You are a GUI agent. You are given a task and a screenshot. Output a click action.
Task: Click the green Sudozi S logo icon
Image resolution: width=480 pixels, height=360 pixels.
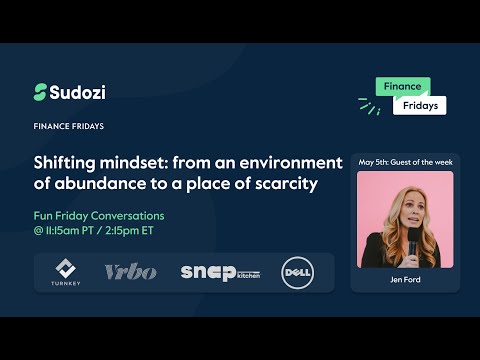point(41,92)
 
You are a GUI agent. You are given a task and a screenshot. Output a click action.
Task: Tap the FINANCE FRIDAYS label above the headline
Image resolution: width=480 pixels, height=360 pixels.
point(69,127)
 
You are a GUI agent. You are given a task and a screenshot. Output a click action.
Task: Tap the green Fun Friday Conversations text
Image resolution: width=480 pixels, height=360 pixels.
point(99,216)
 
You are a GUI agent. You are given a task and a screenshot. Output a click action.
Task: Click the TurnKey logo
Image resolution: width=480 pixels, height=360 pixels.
point(64,272)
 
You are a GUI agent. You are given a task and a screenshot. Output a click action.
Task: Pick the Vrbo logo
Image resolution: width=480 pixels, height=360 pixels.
point(130,272)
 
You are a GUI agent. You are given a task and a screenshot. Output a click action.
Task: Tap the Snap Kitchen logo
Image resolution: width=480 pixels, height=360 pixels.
point(219,273)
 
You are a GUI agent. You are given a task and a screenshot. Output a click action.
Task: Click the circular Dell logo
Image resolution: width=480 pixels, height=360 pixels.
point(297,272)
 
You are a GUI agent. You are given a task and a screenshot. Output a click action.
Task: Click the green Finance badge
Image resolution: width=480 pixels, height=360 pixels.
point(403,87)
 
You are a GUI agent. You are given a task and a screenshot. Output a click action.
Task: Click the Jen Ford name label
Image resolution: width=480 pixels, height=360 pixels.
point(405,281)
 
